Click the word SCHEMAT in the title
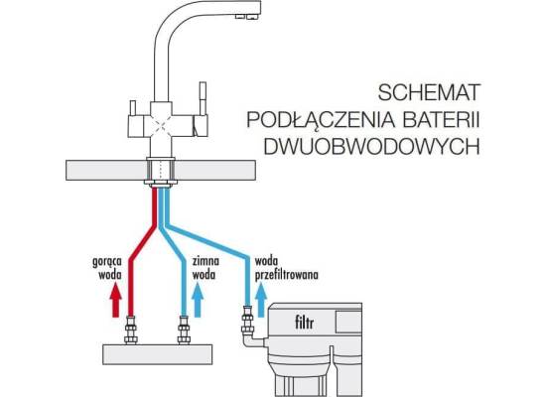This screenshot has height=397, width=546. point(429,92)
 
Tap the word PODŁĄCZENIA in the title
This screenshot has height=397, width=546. point(321,119)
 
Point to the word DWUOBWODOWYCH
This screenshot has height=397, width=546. point(371,146)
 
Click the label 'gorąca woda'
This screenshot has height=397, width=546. point(107,268)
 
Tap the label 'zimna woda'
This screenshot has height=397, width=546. point(205,268)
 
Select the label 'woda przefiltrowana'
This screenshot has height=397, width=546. point(286,269)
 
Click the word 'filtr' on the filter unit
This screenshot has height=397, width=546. point(304,323)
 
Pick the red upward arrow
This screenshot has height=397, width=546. point(115,300)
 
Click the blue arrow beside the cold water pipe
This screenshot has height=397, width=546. point(198,300)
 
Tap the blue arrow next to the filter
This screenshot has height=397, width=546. point(261,300)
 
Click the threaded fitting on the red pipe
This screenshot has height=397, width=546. point(131,330)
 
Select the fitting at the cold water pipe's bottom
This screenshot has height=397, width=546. point(184,330)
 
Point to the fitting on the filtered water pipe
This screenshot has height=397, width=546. point(247,320)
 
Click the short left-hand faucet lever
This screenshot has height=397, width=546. point(133,108)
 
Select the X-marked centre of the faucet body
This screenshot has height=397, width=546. point(161,124)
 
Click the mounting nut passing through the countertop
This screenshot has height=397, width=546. point(161,172)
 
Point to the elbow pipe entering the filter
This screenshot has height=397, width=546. point(252,340)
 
